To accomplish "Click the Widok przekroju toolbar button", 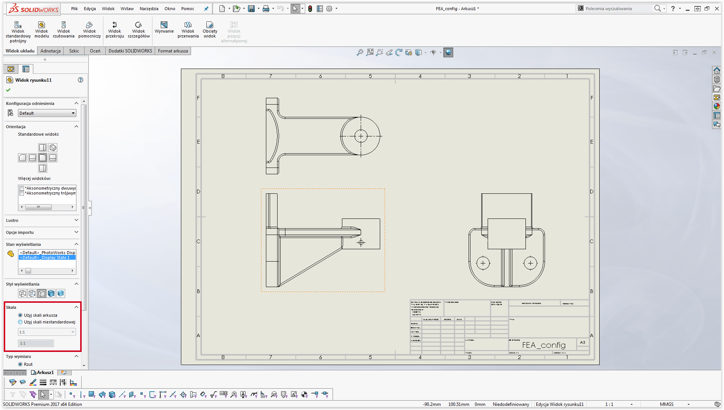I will coord(115,29).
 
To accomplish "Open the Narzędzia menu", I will coord(149,9).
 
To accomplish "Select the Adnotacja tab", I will coord(51,51).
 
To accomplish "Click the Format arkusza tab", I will coord(173,51).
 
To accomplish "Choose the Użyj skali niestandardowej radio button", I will coord(20,322).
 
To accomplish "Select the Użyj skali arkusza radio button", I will coord(20,315).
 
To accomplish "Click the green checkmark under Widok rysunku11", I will coord(8,90).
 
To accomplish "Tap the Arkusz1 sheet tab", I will coord(45,373).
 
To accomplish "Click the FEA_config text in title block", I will coord(543,345).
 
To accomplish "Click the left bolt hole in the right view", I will coord(483,263).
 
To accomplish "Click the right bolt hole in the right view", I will coord(530,263).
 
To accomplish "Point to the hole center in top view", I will coord(361,136).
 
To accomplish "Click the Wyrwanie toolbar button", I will coord(164,27).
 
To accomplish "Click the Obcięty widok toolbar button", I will coord(210,29).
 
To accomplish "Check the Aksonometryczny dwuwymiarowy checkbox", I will coord(22,188).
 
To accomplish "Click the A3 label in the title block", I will coord(582,342).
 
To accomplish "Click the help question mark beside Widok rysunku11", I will coord(81,80).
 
